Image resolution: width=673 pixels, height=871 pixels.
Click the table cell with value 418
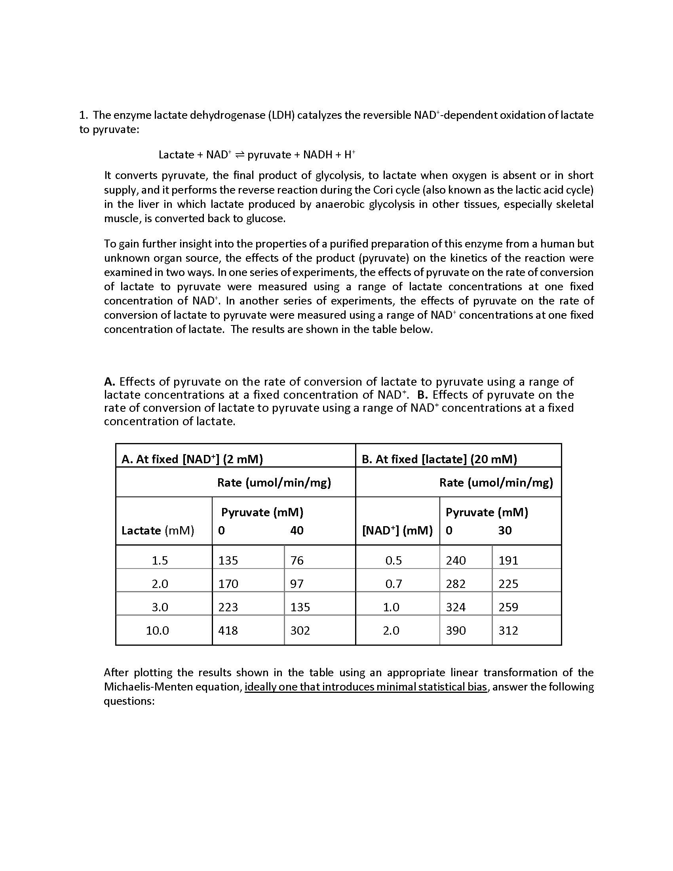pyautogui.click(x=228, y=631)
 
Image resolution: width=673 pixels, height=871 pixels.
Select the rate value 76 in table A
pyautogui.click(x=297, y=560)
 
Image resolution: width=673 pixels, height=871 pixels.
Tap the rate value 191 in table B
pyautogui.click(x=508, y=560)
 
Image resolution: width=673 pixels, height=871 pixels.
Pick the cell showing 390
pyautogui.click(x=456, y=631)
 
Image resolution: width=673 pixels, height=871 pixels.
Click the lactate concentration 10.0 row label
pyautogui.click(x=158, y=631)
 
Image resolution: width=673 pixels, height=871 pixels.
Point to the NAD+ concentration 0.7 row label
pyautogui.click(x=394, y=584)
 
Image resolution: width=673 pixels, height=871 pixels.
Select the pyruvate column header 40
pyautogui.click(x=297, y=531)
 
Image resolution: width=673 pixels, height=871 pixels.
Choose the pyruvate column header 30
pyautogui.click(x=505, y=531)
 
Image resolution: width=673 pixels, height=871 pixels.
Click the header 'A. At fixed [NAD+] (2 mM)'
pyautogui.click(x=192, y=459)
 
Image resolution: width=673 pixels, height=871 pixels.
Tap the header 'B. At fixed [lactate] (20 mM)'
pyautogui.click(x=439, y=459)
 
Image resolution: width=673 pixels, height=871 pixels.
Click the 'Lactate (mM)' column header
pyautogui.click(x=158, y=531)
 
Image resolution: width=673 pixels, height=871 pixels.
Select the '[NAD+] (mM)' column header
pyautogui.click(x=397, y=531)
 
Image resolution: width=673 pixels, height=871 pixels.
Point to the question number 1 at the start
pyautogui.click(x=82, y=115)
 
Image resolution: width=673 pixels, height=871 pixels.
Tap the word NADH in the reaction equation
pyautogui.click(x=317, y=155)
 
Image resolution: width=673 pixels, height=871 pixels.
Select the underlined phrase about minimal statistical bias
pyautogui.click(x=366, y=687)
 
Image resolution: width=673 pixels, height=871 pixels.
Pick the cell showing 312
pyautogui.click(x=508, y=631)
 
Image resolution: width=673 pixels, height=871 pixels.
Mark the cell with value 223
pyautogui.click(x=228, y=607)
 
